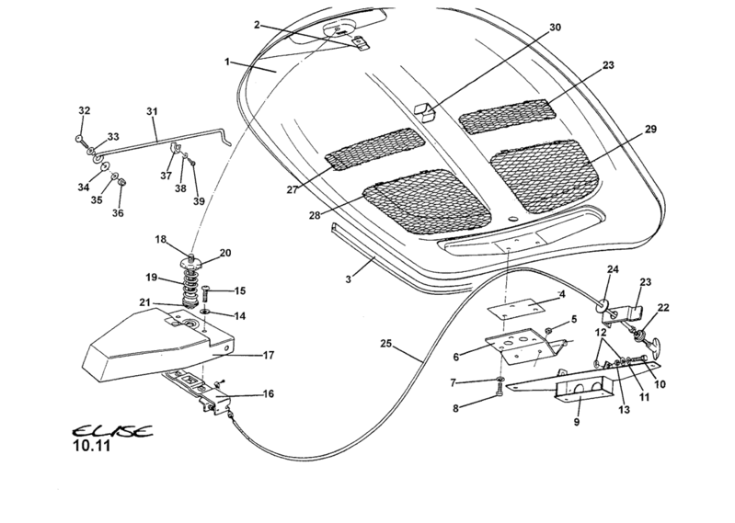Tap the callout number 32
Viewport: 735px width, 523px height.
pyautogui.click(x=84, y=111)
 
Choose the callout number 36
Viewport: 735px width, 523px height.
pyautogui.click(x=118, y=212)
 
